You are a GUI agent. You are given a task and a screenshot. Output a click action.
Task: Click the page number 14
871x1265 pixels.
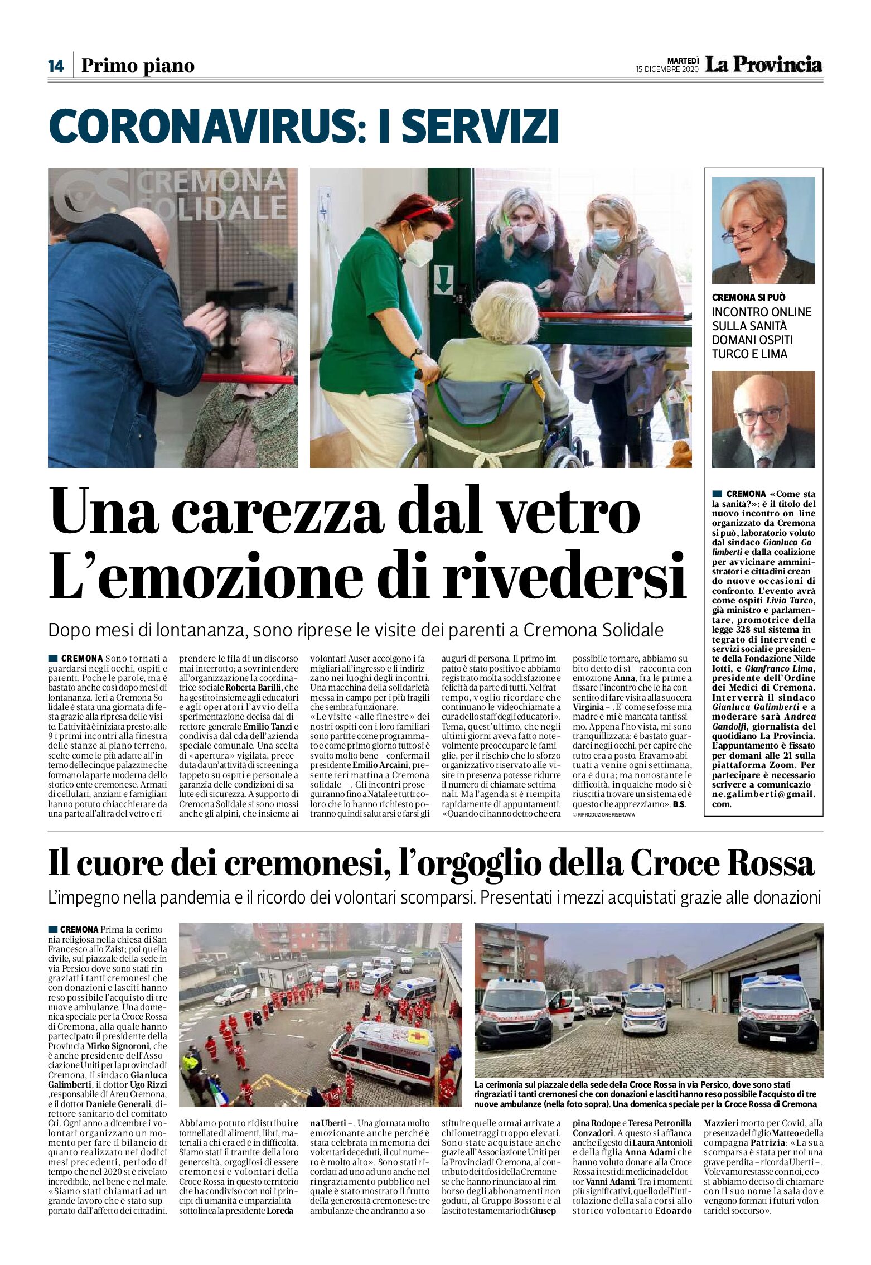[x=56, y=66]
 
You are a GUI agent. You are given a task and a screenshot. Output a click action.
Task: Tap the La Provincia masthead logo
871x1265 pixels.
[x=763, y=65]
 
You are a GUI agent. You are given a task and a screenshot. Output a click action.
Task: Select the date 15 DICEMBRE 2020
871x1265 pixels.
[x=667, y=70]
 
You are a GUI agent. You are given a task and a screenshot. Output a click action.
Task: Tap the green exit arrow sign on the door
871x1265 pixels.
[x=443, y=279]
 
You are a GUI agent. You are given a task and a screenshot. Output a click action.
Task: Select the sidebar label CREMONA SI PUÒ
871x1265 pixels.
[x=748, y=297]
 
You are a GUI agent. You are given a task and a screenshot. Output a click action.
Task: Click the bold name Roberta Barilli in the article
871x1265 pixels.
[x=254, y=688]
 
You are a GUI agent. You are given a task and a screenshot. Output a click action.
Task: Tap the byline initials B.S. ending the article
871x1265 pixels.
[x=679, y=804]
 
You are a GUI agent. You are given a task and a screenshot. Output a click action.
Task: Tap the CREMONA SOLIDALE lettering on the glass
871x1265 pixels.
[x=212, y=195]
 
